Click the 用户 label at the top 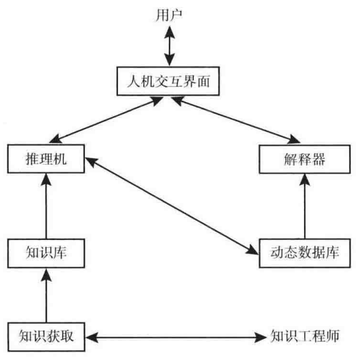click(169, 15)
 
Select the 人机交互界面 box click(168, 81)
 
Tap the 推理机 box click(46, 159)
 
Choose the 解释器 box click(305, 159)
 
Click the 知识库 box click(46, 253)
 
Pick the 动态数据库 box click(305, 253)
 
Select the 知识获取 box click(46, 337)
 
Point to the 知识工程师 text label click(305, 336)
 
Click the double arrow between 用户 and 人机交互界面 click(170, 46)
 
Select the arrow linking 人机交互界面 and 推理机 click(106, 120)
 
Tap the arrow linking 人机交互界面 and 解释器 click(235, 120)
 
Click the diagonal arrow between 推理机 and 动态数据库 click(171, 206)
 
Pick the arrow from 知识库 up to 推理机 click(46, 206)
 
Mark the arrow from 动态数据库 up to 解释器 click(305, 206)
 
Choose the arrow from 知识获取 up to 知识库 click(47, 296)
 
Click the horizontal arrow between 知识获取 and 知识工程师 click(176, 337)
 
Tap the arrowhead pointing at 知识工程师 click(261, 337)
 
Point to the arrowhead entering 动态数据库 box click(252, 250)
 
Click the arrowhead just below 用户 click(170, 33)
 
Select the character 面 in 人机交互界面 click(203, 81)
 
